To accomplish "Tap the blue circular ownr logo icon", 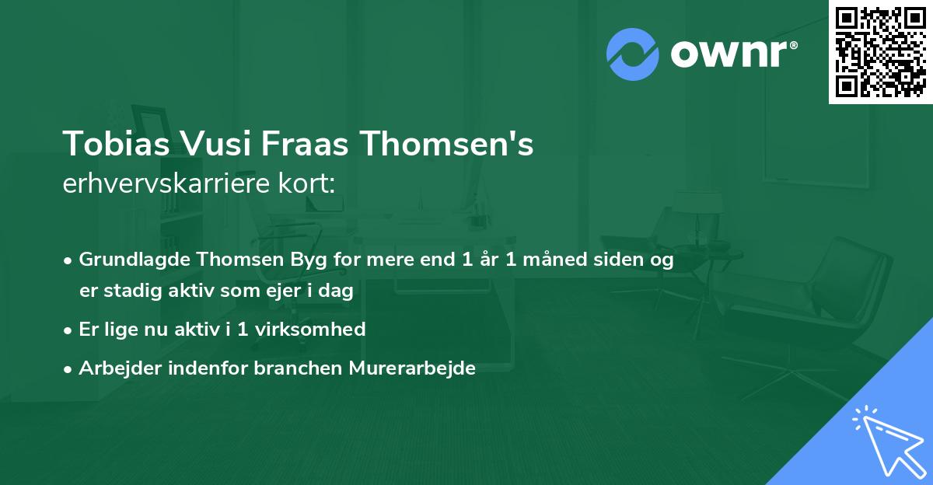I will pyautogui.click(x=633, y=54).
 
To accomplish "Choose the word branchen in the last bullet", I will pyautogui.click(x=288, y=368).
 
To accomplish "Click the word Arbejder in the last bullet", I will pyautogui.click(x=112, y=368).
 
